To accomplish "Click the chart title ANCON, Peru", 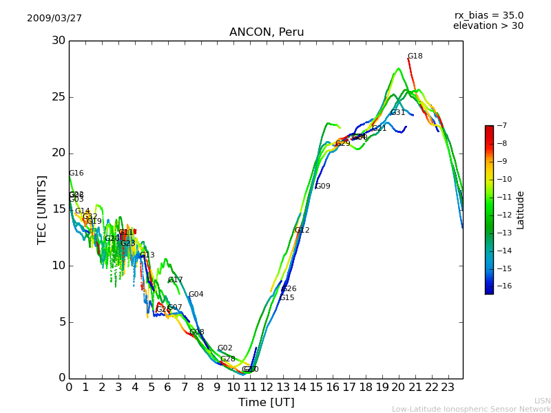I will (267, 32).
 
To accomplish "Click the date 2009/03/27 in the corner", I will (54, 19).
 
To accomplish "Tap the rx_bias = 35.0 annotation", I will (488, 15).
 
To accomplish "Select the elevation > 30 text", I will (488, 26).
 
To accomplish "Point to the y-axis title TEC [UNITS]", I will (42, 209).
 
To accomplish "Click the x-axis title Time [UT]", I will (266, 403).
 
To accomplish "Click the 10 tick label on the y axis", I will (57, 266).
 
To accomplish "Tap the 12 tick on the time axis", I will (267, 387).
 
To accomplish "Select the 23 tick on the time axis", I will (448, 387).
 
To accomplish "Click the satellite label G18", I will (415, 56).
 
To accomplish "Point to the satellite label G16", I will (76, 173).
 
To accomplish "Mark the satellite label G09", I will (322, 187).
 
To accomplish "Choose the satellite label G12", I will (302, 231).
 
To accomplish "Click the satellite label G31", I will (398, 113).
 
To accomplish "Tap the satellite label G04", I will (196, 295).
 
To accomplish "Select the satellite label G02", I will (225, 348).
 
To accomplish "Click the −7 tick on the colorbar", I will (501, 126).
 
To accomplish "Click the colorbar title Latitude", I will (521, 210).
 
